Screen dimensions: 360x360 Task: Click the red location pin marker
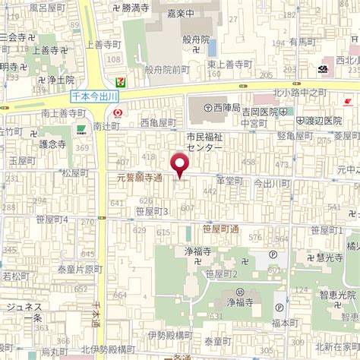pos(179,164)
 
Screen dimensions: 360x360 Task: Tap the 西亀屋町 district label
pos(158,122)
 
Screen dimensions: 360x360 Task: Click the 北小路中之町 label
pos(299,93)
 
